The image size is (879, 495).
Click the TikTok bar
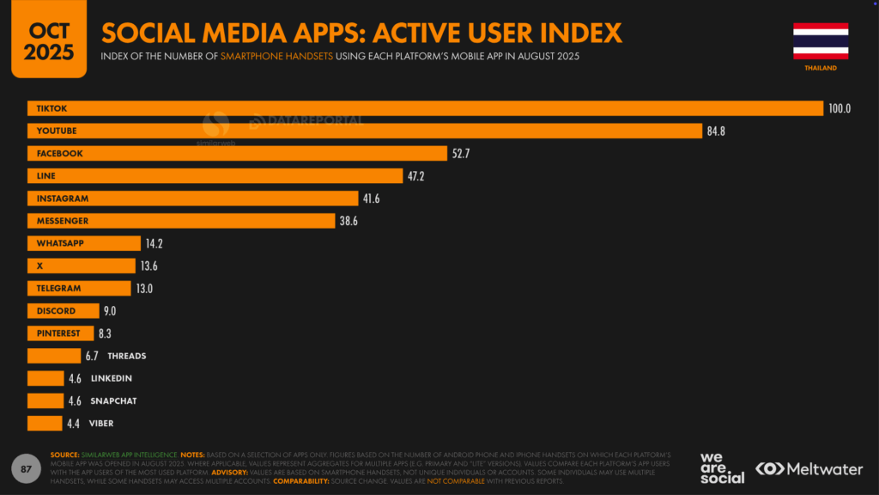point(425,108)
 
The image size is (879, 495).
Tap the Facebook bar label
point(59,153)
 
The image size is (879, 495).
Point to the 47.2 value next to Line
point(416,176)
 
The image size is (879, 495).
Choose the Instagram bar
point(192,199)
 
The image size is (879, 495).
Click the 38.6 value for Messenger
point(349,221)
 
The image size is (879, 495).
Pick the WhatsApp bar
point(83,243)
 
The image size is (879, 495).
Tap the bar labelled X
point(81,266)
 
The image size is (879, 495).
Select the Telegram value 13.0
point(144,289)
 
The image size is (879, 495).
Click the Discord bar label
point(56,311)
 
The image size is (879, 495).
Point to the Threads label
point(127,356)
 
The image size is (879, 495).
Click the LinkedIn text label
point(111,378)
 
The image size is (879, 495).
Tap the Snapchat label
point(113,400)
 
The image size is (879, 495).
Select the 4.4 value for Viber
point(75,424)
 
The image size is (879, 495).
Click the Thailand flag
point(821,40)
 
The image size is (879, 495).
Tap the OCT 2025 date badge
point(49,40)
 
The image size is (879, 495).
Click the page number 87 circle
point(26,468)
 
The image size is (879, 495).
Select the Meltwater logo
point(809,468)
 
